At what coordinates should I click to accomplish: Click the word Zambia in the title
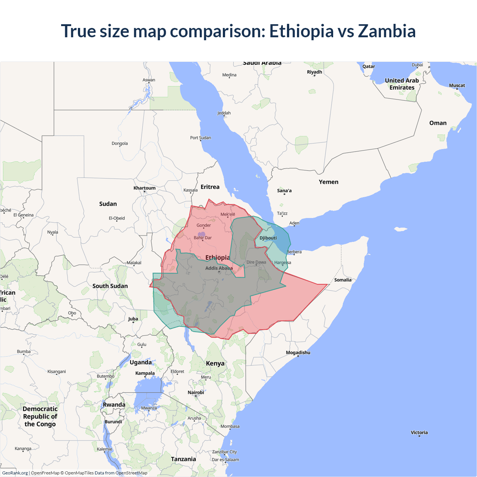386,31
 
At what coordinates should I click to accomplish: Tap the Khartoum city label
145,188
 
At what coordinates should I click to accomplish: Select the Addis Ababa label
219,268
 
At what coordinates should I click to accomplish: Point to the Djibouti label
268,238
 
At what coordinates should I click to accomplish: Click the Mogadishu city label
298,353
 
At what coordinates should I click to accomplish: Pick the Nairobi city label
196,392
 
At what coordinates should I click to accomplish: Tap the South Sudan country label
110,286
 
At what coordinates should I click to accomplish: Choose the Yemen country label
328,182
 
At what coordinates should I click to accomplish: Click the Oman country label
437,123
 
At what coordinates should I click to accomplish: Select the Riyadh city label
314,72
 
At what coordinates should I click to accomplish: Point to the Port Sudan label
200,138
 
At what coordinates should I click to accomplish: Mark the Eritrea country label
210,187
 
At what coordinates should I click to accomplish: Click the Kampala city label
145,373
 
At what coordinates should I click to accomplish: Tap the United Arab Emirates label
402,84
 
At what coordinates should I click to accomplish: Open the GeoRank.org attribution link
15,473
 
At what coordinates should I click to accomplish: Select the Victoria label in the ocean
419,432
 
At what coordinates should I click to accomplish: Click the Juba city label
133,319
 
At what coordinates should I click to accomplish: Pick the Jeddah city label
224,113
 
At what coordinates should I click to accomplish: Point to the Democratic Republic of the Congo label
40,416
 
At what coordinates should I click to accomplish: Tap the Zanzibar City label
224,452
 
